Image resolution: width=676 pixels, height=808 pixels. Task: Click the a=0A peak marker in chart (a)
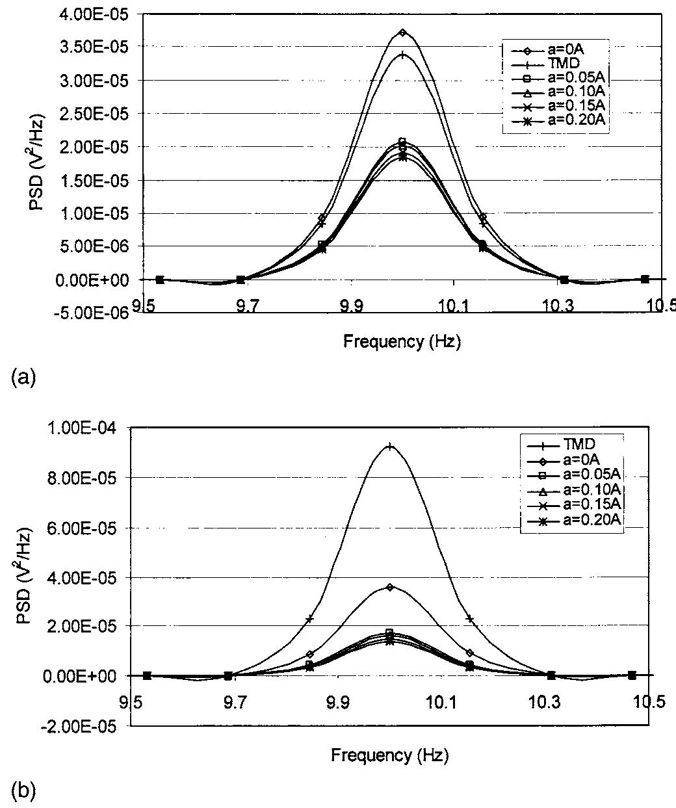coord(403,33)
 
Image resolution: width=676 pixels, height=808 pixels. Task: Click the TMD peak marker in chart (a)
coord(403,55)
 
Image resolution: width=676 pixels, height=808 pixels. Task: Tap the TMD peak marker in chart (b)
coord(390,446)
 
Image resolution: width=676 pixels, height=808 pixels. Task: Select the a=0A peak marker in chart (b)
coord(390,587)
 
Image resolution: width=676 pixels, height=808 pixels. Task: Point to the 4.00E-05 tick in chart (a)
coord(92,13)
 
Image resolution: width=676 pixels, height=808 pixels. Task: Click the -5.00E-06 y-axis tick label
coord(90,313)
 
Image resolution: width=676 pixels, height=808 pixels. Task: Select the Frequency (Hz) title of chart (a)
coord(402,343)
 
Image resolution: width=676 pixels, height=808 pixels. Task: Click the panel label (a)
coord(23,378)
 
